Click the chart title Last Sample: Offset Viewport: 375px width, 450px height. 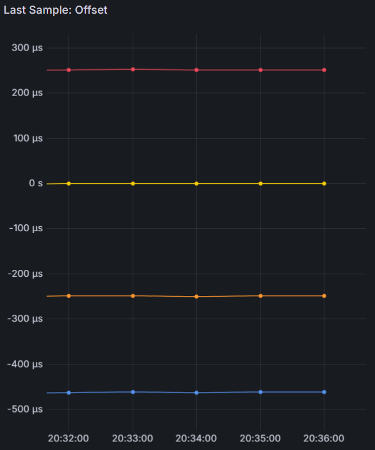55,11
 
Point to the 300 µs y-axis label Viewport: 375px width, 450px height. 27,48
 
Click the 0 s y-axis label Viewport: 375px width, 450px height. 35,184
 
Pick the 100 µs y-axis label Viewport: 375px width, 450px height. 27,138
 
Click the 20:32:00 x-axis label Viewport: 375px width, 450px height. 69,438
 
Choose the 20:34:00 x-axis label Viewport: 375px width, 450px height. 196,438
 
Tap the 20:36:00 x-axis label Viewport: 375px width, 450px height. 324,438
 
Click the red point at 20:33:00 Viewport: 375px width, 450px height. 133,69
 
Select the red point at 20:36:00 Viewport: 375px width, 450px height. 324,70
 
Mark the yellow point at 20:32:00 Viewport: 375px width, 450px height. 69,183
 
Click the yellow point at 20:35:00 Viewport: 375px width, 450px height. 260,183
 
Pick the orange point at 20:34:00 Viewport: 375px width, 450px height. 196,297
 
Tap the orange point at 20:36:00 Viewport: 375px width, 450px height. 324,295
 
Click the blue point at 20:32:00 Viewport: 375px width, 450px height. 69,393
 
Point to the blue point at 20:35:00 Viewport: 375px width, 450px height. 260,392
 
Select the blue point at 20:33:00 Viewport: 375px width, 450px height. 133,392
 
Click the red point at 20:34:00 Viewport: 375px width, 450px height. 196,70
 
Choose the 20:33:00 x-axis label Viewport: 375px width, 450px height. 133,438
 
